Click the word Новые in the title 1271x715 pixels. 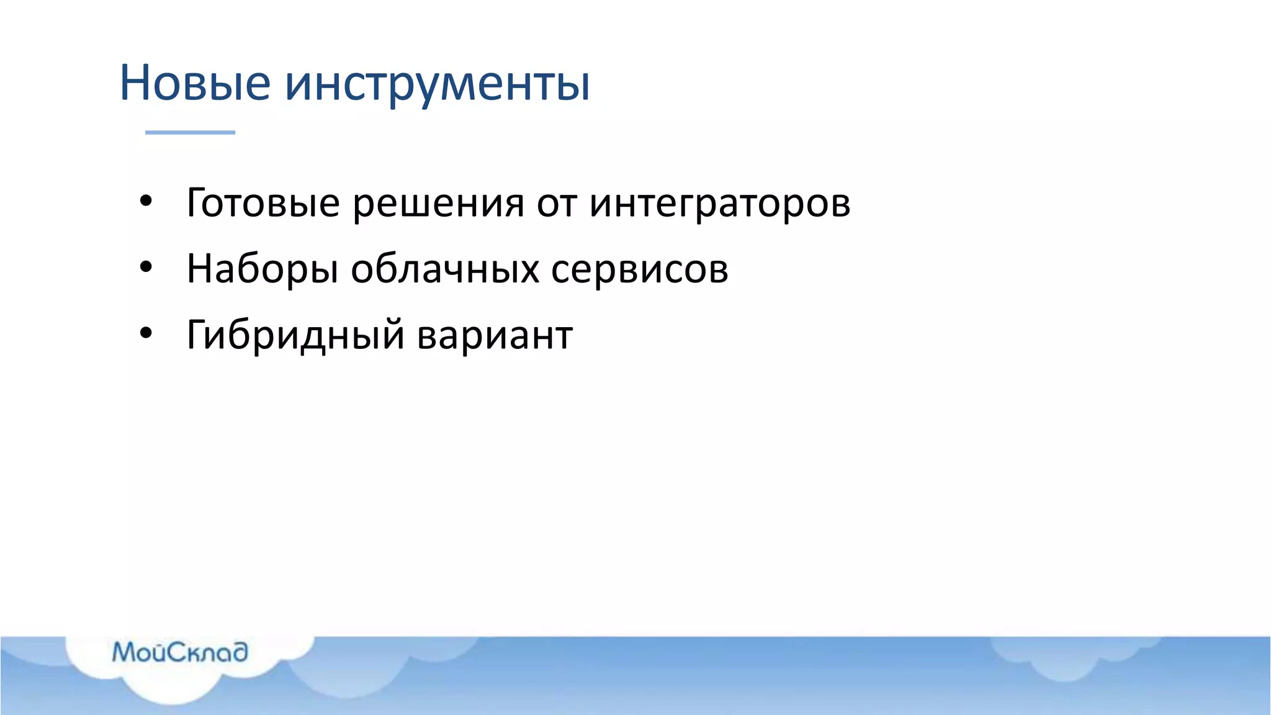tap(195, 83)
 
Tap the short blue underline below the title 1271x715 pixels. tap(190, 132)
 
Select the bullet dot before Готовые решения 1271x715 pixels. tap(146, 202)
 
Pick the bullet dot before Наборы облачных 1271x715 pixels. tap(146, 268)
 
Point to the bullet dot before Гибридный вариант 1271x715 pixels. tap(146, 334)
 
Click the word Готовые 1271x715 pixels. tap(263, 203)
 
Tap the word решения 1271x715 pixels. tap(438, 203)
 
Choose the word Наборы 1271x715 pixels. tap(262, 269)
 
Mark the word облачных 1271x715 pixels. tap(445, 268)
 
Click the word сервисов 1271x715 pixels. tap(639, 269)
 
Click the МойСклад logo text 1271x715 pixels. tap(180, 652)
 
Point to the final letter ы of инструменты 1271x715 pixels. tap(574, 84)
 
